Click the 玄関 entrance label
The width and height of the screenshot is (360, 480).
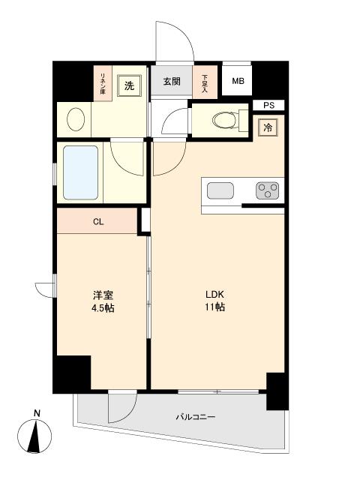(172, 82)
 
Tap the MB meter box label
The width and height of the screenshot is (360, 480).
(237, 82)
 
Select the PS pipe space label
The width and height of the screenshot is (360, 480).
(268, 105)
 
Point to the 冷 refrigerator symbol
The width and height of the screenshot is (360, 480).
(268, 128)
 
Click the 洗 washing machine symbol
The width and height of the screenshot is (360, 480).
(129, 85)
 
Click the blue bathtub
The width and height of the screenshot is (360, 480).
(80, 171)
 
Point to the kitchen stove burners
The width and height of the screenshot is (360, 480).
(266, 190)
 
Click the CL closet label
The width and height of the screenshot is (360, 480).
(98, 221)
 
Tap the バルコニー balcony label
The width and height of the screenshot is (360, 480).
(196, 417)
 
